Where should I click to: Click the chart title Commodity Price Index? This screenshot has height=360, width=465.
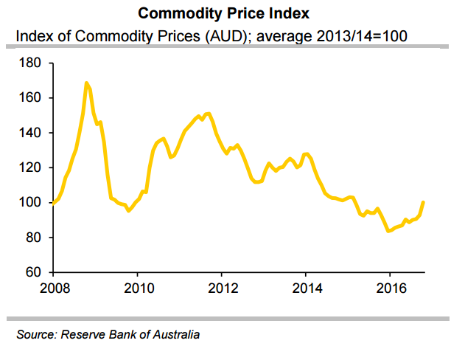click(231, 14)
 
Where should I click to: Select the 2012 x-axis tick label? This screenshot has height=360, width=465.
click(223, 288)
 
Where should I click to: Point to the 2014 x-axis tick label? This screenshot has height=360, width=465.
click(306, 288)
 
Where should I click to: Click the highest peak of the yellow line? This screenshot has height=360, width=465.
click(88, 83)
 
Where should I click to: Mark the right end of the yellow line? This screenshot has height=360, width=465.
click(423, 201)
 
